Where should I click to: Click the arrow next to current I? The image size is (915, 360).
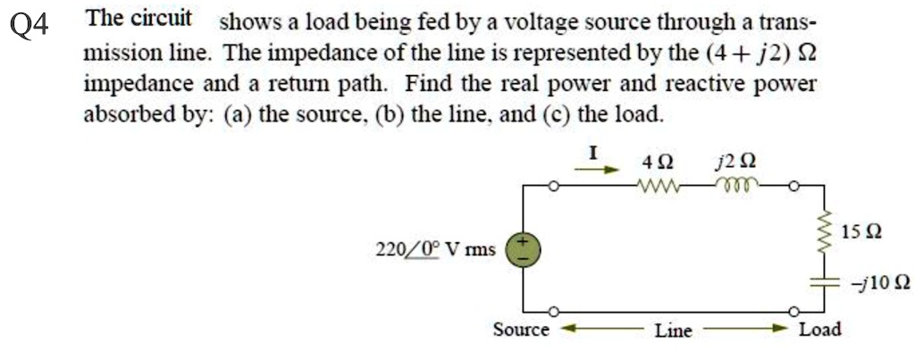click(x=599, y=170)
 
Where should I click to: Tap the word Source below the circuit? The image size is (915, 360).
click(x=522, y=330)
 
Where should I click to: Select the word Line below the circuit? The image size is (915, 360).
click(x=673, y=331)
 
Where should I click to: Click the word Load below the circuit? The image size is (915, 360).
click(x=819, y=330)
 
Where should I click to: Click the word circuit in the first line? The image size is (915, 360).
click(x=164, y=19)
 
